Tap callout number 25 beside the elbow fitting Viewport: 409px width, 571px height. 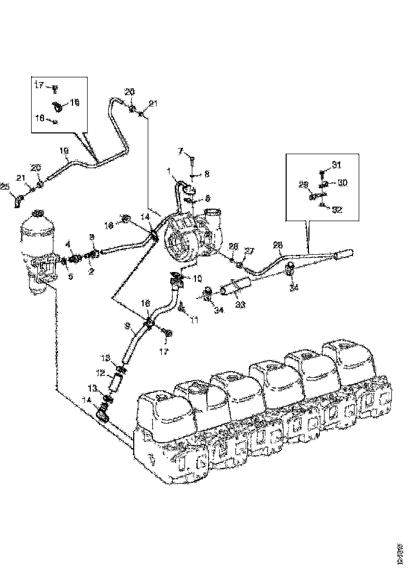5,187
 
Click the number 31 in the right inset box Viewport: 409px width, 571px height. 336,165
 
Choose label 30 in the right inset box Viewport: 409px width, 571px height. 342,183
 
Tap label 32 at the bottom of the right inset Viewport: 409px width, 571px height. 337,210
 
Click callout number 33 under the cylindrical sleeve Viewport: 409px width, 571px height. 241,305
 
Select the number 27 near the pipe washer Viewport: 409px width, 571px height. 249,251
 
